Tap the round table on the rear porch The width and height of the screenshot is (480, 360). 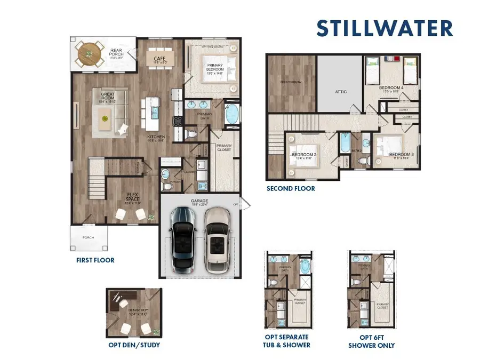(89, 53)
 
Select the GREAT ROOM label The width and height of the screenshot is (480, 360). (108, 97)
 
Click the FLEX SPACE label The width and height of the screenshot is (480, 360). (132, 197)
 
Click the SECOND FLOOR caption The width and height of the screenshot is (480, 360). (291, 188)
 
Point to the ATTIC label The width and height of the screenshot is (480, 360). (341, 92)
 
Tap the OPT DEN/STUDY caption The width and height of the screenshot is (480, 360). (134, 345)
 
